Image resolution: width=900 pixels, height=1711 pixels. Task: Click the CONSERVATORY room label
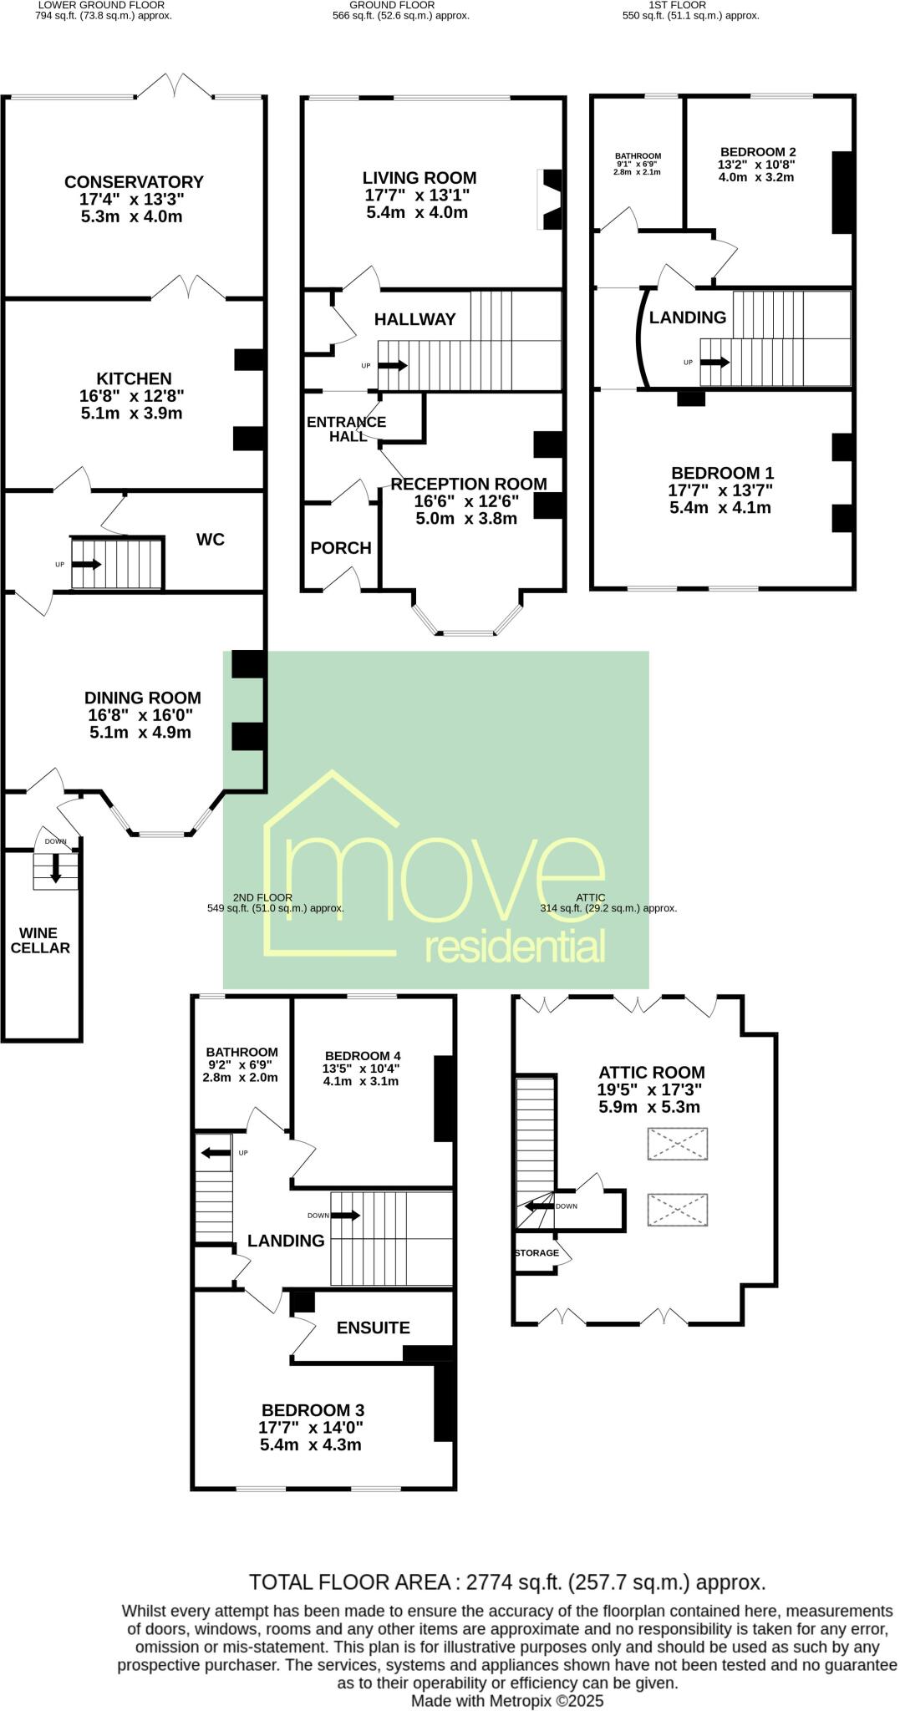tap(134, 182)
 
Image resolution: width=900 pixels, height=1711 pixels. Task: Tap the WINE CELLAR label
tap(39, 940)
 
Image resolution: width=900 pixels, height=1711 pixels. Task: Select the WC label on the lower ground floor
tap(211, 540)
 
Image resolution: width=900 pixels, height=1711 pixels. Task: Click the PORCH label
tap(341, 548)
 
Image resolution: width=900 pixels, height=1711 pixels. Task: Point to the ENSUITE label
tap(373, 1328)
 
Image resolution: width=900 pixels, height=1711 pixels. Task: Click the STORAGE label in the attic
tap(536, 1253)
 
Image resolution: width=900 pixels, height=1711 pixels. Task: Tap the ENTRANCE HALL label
tap(346, 429)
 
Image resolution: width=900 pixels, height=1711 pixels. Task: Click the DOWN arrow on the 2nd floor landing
tap(345, 1216)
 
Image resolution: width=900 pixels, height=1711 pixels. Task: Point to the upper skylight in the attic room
tap(678, 1144)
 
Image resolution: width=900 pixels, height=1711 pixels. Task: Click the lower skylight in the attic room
tap(678, 1210)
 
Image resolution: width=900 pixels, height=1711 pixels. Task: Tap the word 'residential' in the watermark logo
tap(515, 948)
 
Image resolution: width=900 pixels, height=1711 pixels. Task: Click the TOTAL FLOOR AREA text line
tap(507, 1582)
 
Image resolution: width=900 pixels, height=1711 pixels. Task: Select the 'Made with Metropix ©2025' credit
tap(507, 1700)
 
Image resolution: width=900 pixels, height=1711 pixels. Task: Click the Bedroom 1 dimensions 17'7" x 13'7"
tap(722, 490)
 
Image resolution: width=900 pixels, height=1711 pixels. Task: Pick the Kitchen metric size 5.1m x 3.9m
tap(134, 414)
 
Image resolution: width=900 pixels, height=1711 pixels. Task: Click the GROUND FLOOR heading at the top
tap(392, 5)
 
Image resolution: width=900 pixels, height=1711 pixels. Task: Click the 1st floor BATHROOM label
tap(638, 155)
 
